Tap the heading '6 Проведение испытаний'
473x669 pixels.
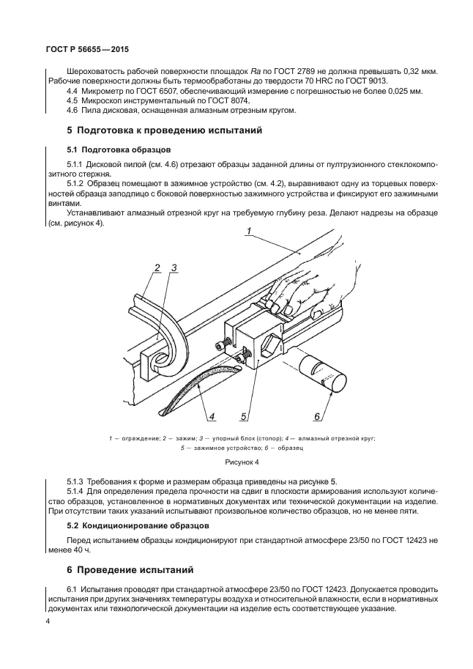pyautogui.click(x=122, y=569)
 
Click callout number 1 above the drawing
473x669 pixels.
pyautogui.click(x=249, y=232)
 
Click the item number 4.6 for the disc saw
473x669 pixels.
pyautogui.click(x=72, y=111)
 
